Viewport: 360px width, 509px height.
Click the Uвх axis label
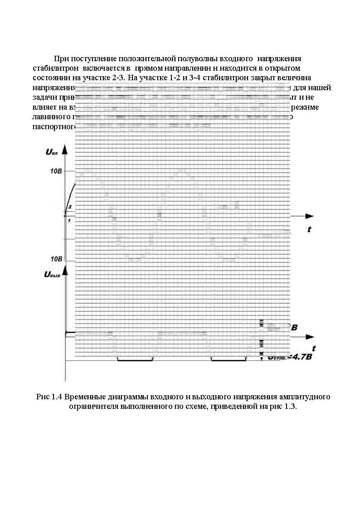52,152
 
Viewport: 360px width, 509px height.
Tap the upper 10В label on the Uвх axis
57,171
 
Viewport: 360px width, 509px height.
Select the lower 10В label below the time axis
57,259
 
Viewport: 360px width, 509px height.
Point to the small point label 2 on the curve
70,207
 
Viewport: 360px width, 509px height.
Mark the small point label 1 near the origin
69,220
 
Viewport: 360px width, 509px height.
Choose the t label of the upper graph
309,230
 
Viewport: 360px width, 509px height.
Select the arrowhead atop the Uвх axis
66,150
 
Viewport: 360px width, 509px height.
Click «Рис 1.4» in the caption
49,397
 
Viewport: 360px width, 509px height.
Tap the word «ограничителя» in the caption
94,406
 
